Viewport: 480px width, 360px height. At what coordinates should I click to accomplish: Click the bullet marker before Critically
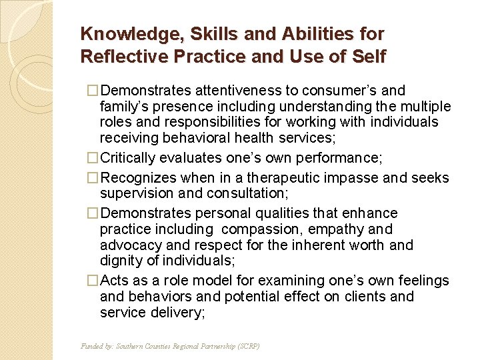[x=93, y=159]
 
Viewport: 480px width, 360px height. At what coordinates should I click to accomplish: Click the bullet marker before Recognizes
[x=93, y=178]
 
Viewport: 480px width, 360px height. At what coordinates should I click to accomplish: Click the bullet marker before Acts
[x=93, y=281]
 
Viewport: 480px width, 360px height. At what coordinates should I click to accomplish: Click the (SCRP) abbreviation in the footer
[x=247, y=347]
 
